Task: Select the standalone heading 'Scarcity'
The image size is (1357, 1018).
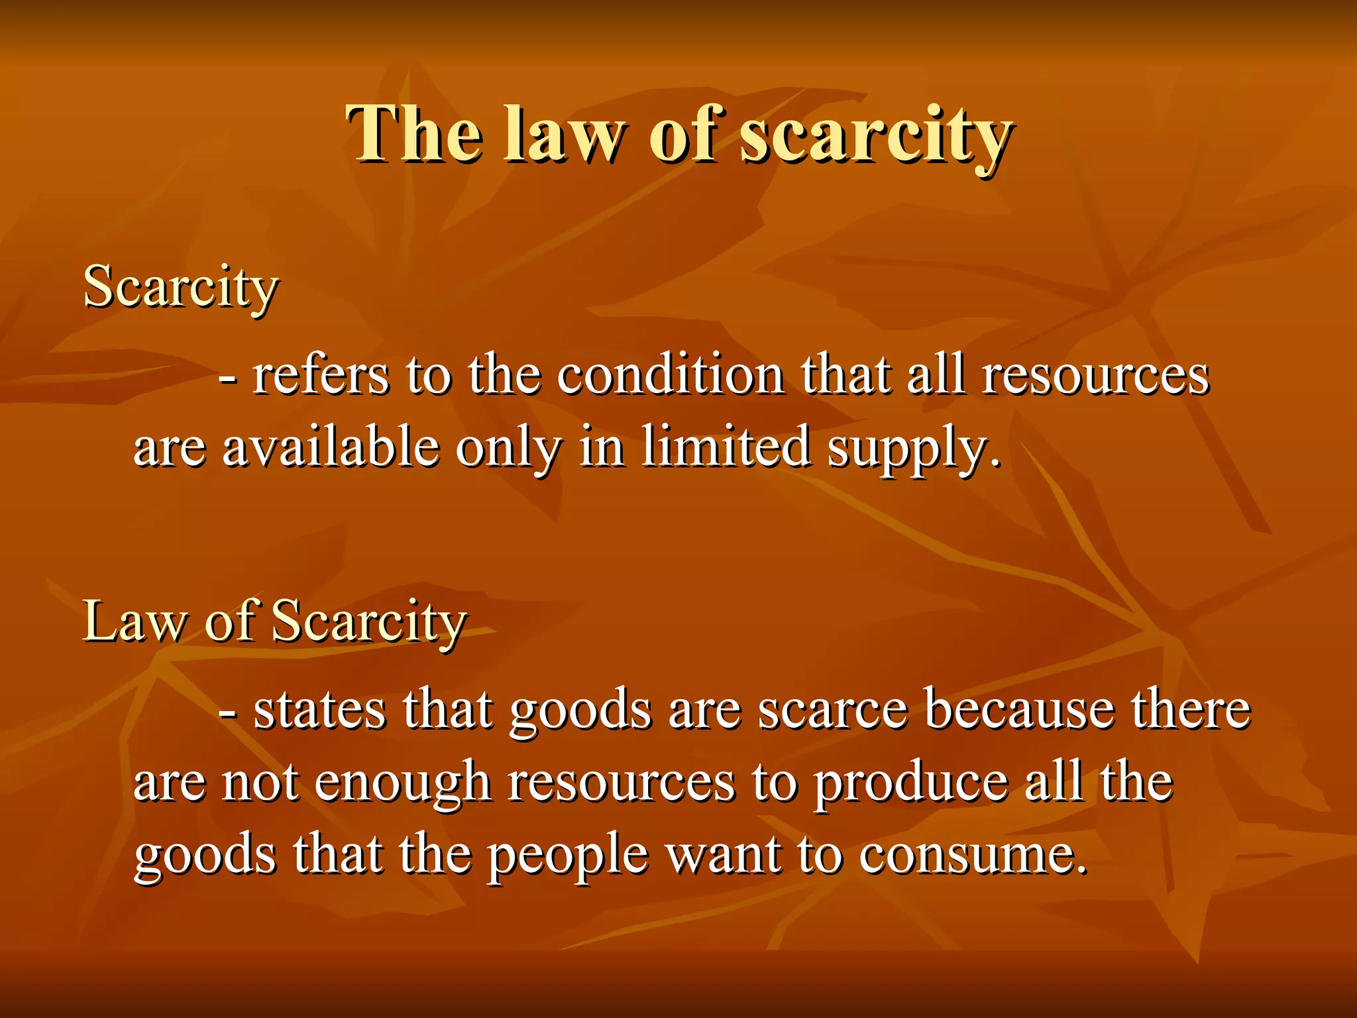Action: tap(180, 287)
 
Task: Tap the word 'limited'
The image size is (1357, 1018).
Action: tap(726, 446)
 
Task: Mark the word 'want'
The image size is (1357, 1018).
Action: tap(723, 856)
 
